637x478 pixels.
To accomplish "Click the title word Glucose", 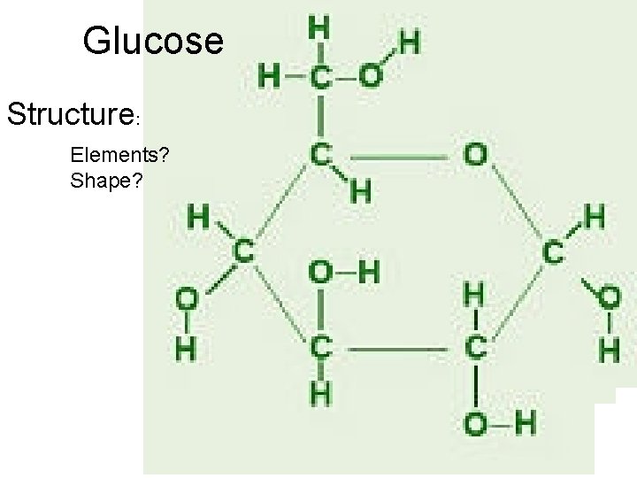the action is [x=154, y=41].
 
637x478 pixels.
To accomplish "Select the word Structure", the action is [x=70, y=114].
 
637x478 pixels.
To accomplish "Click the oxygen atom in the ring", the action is [x=475, y=156].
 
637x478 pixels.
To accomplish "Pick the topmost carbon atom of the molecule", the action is [x=320, y=77].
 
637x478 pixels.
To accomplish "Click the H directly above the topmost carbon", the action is [x=319, y=28].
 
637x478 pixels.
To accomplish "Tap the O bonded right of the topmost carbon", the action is [x=371, y=76].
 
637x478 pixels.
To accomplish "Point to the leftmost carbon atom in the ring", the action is [x=243, y=251].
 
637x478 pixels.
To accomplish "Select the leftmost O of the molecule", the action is [x=187, y=301].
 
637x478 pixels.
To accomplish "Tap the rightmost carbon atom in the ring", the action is [x=554, y=252].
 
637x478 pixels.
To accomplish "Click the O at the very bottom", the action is [x=475, y=424].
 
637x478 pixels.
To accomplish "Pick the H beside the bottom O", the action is [x=525, y=424].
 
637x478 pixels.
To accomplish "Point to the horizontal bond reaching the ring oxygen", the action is [x=398, y=158].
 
